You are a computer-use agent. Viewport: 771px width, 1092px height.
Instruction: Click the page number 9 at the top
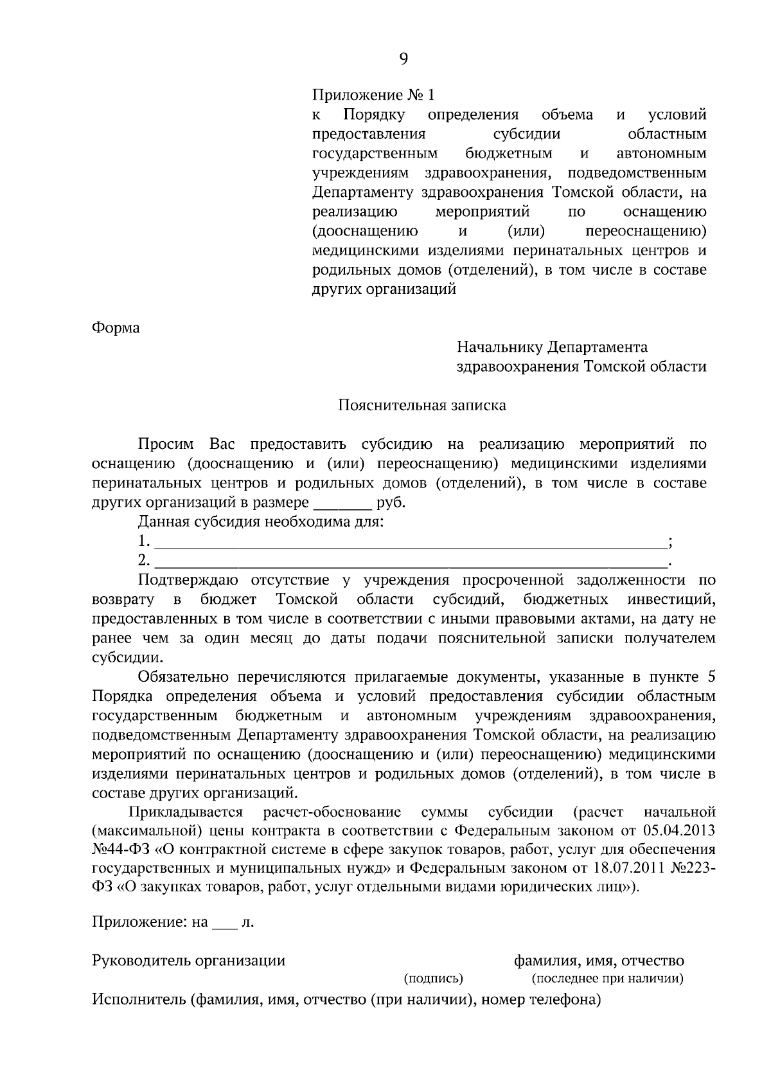[403, 59]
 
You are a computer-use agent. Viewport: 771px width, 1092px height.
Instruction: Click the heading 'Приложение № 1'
[373, 95]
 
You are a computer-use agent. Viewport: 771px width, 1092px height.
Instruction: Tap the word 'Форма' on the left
[116, 327]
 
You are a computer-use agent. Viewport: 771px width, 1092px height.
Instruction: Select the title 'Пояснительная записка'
[422, 405]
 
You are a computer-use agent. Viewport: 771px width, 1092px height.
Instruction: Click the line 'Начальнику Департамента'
[552, 347]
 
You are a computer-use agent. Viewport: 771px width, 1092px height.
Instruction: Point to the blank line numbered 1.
[411, 541]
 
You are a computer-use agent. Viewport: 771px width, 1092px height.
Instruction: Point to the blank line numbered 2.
[411, 561]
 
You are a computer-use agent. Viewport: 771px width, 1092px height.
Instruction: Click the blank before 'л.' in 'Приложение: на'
[224, 924]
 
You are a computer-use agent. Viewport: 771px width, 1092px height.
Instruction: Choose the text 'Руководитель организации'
[188, 961]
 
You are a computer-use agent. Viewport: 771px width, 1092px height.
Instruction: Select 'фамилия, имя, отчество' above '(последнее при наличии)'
[599, 961]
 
